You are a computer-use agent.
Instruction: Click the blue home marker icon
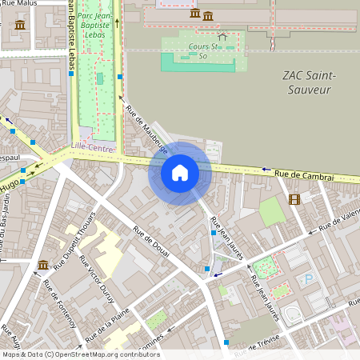pos(180,173)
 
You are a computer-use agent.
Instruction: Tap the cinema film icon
pos(295,199)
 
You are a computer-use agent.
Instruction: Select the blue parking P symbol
pos(308,279)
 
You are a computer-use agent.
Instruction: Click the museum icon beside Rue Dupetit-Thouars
pos(42,265)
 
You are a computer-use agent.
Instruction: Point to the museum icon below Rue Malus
pos(20,25)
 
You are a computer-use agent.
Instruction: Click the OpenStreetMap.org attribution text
pos(104,354)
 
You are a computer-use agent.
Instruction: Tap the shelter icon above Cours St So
pos(222,36)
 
